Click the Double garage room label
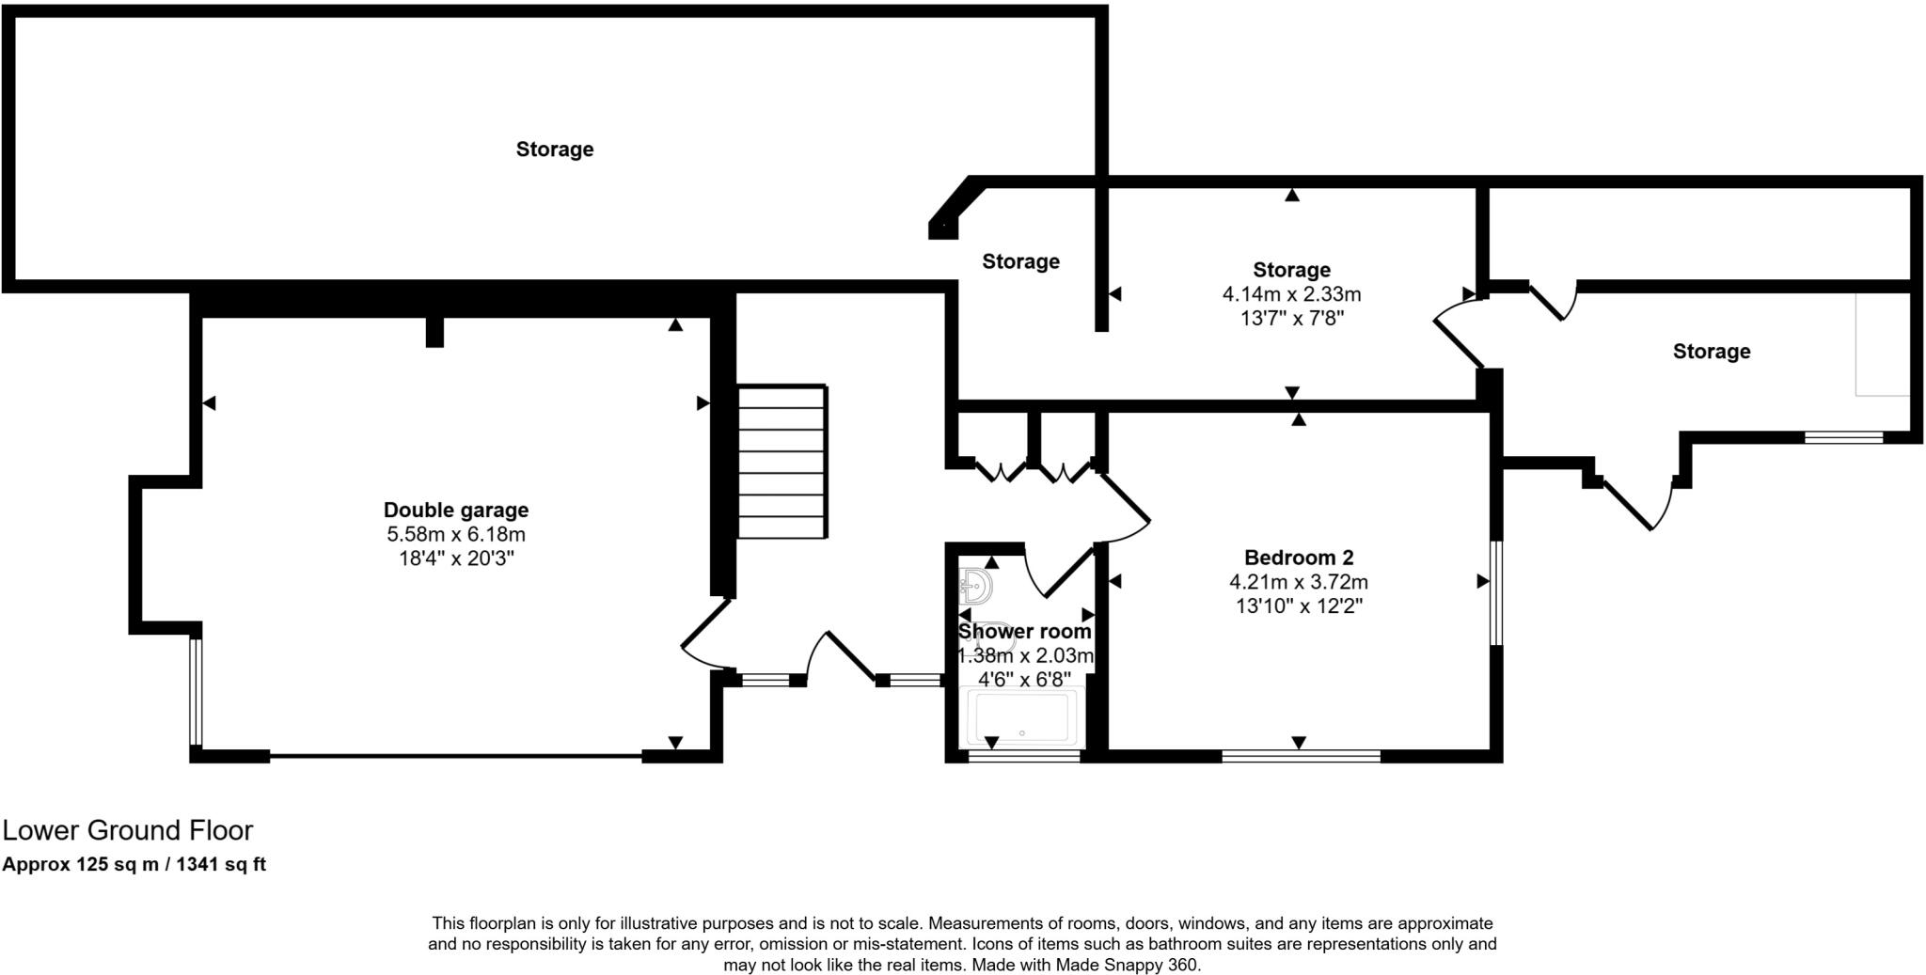456,510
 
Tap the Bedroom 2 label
1299,558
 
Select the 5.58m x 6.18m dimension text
456,534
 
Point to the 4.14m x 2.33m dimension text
1291,294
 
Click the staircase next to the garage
781,461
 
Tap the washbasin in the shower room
975,587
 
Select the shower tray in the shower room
1023,719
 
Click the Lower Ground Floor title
128,830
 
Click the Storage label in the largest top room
555,149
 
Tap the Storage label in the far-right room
1711,352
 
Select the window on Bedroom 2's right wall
1495,592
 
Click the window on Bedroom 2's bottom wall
1301,755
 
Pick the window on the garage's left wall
195,691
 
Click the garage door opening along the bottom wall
456,755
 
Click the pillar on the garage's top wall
434,331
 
